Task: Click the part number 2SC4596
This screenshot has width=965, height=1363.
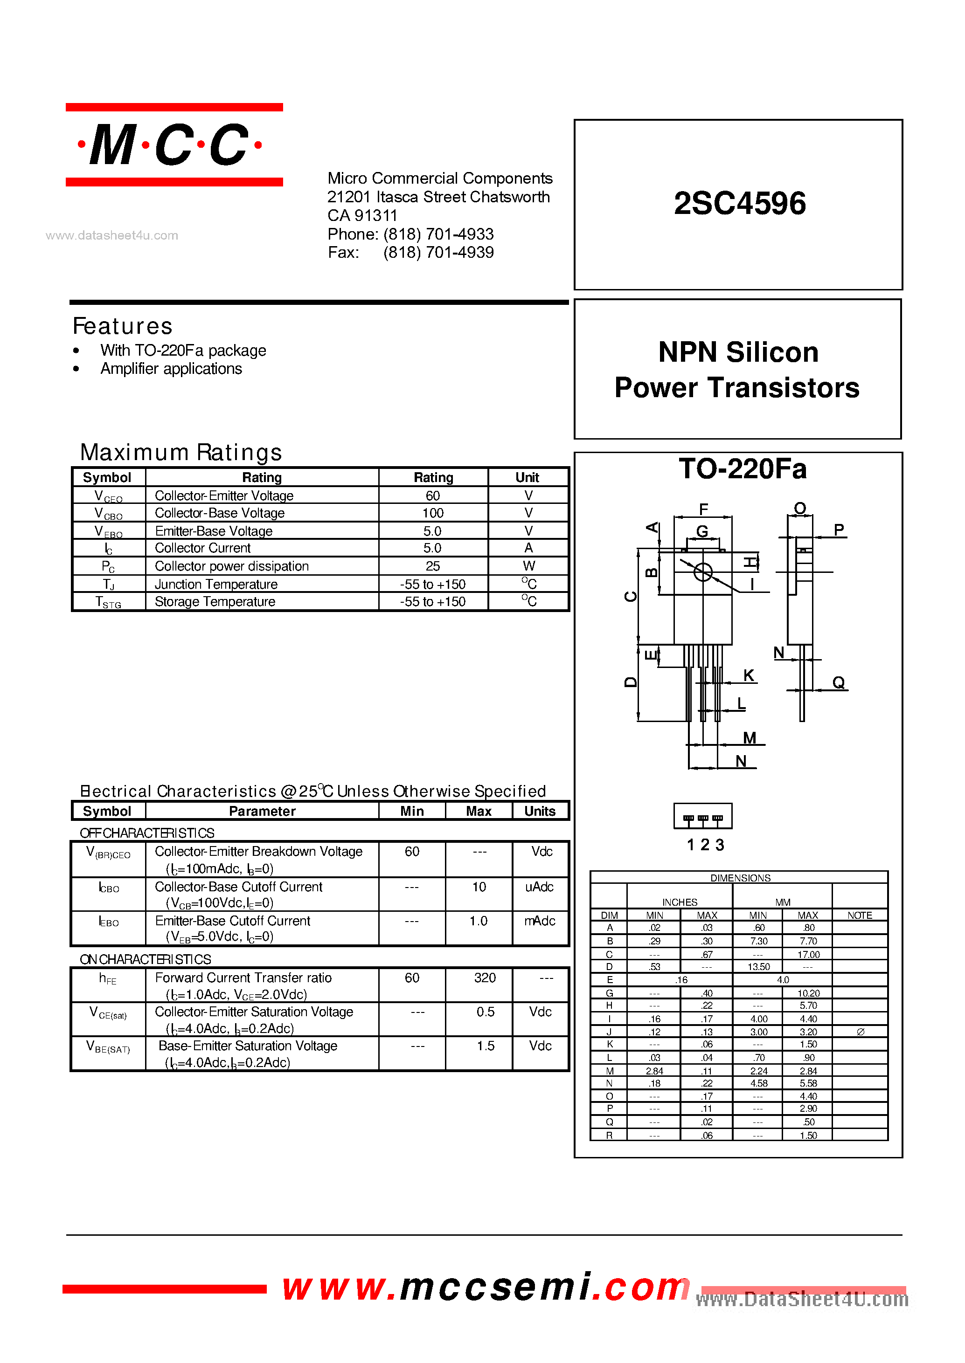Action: pos(740,203)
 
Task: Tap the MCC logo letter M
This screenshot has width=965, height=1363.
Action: pos(113,145)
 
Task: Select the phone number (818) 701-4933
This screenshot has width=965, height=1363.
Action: pos(438,234)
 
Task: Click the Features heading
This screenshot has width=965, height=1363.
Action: pos(122,326)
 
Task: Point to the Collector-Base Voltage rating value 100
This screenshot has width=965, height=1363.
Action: pos(432,513)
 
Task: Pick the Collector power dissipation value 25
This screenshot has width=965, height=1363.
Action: pos(432,566)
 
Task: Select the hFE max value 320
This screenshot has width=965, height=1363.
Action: pos(485,978)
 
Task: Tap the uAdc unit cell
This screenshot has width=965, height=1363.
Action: pos(539,887)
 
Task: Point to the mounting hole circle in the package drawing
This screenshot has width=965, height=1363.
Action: pos(703,572)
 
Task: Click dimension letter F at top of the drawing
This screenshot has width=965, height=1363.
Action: pos(703,509)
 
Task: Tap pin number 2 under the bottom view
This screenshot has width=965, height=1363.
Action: pos(705,845)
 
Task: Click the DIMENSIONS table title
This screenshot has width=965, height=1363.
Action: pos(740,878)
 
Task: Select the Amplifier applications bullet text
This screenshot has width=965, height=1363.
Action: pos(171,369)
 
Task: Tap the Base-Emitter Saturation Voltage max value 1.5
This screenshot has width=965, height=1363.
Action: pos(485,1046)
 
